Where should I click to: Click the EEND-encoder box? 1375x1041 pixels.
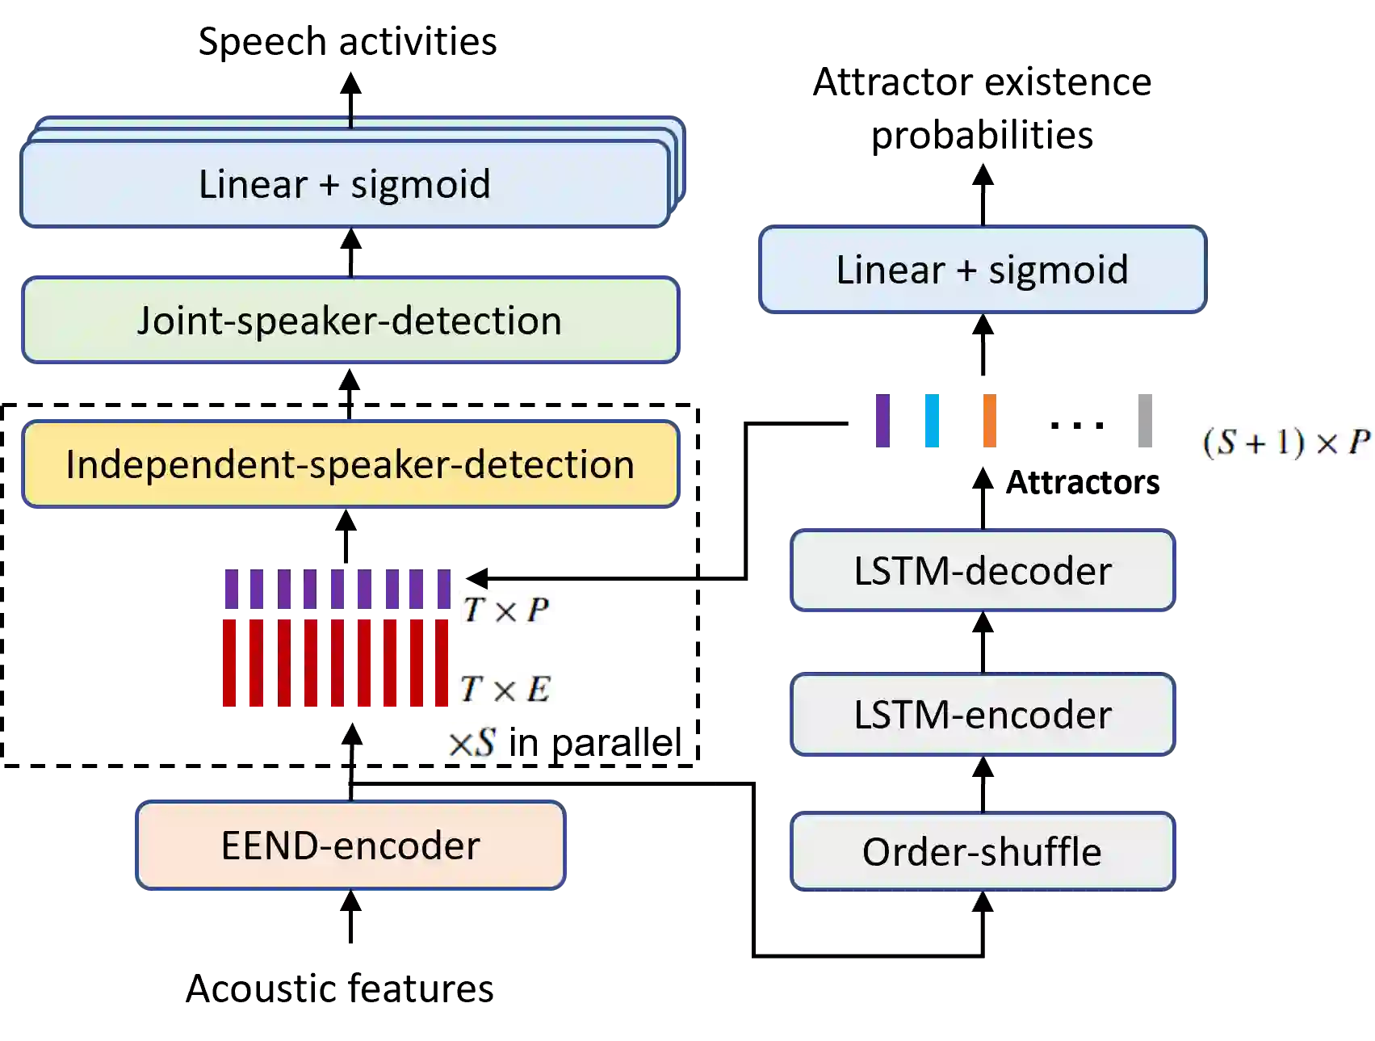[350, 846]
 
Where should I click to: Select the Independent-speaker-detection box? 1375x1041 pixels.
[350, 464]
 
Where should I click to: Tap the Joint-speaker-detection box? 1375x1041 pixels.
[350, 321]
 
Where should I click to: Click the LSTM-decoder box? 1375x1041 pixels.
[982, 571]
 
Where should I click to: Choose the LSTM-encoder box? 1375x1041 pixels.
[982, 715]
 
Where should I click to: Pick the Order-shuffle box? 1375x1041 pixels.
[982, 852]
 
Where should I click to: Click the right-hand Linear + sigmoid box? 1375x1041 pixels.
[982, 270]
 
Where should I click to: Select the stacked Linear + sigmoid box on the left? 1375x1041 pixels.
[346, 184]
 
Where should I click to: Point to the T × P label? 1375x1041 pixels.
[507, 608]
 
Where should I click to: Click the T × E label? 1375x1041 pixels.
[505, 689]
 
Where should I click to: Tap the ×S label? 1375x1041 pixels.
[474, 741]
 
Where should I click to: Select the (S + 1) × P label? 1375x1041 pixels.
[1284, 443]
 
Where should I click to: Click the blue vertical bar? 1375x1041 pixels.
[933, 422]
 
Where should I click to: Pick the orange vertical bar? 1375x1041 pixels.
[991, 422]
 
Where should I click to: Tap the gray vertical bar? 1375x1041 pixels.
[1146, 422]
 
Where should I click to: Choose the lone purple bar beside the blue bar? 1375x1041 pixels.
[882, 422]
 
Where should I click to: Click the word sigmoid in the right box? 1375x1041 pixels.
[1058, 270]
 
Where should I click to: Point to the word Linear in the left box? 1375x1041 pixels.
[253, 184]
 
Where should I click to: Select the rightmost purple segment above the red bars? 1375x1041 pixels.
[442, 590]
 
